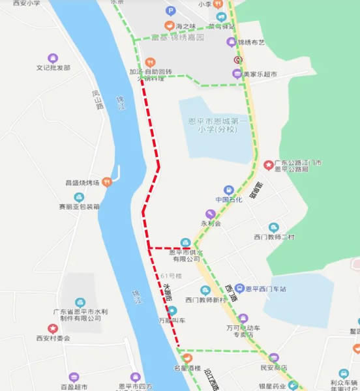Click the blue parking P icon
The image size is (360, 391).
point(170,10)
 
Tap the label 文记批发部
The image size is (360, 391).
point(53,67)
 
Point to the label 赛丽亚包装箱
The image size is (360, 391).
point(79,207)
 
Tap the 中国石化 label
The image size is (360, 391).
point(228,199)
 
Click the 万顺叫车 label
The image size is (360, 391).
point(172,321)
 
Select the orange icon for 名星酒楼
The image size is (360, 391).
point(188,357)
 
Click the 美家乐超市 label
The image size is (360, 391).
point(260,74)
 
